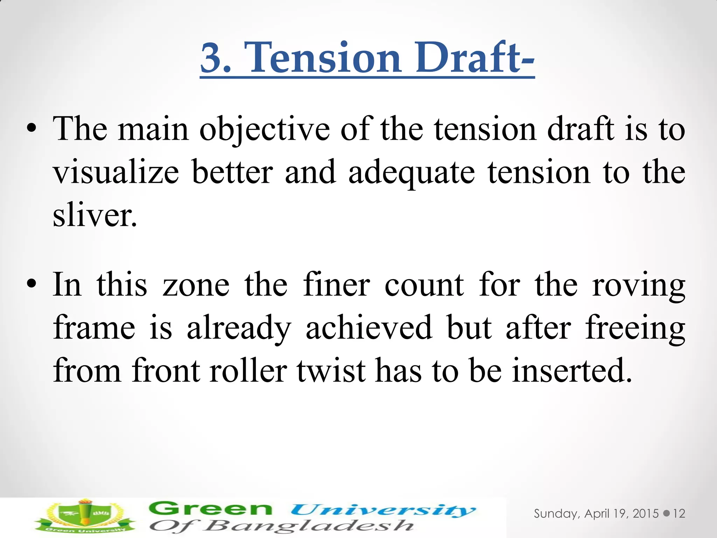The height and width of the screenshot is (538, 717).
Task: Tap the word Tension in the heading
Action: click(x=322, y=57)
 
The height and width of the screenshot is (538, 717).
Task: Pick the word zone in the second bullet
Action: click(x=196, y=285)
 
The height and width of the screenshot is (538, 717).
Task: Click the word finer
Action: click(x=336, y=285)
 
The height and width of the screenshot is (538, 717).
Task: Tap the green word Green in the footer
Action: click(x=210, y=509)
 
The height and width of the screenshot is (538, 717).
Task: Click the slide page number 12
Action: click(x=679, y=514)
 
